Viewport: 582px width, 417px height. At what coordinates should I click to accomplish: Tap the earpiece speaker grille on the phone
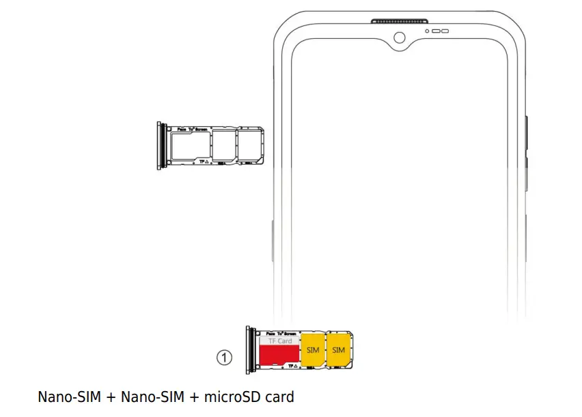400,21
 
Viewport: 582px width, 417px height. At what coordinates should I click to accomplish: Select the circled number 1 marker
225,356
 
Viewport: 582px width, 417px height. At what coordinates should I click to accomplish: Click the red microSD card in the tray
278,355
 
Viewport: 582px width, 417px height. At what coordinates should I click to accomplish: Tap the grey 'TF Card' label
279,341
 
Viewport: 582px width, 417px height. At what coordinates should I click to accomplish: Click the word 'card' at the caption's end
279,397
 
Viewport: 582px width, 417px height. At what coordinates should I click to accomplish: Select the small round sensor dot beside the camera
428,31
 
